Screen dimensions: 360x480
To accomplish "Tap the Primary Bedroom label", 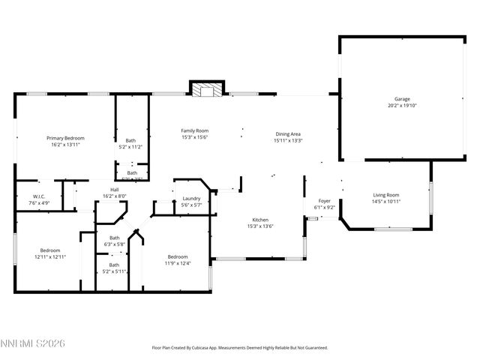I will tap(65, 138).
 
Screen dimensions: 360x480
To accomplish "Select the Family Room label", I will tap(194, 130).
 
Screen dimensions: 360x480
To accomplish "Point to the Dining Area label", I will tap(287, 133).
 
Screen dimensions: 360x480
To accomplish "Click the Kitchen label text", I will tap(261, 220).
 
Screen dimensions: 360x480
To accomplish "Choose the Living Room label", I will tap(386, 195).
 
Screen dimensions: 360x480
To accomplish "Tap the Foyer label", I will tap(325, 201).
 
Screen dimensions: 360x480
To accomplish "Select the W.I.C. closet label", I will tap(40, 196).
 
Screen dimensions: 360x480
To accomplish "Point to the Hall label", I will tap(115, 190).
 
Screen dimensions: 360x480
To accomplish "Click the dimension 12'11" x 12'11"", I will tap(50, 257).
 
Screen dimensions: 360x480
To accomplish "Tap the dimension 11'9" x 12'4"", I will tap(178, 263).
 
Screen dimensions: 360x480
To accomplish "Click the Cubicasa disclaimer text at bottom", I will tap(239, 347).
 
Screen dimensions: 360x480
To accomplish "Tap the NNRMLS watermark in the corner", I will tap(33, 343).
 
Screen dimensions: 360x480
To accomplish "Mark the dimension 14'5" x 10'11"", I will tap(386, 202).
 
